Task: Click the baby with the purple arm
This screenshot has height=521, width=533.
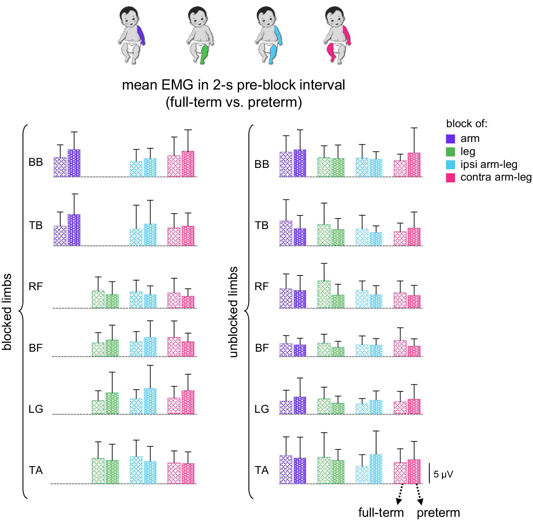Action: click(x=131, y=35)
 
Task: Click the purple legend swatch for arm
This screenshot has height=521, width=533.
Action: click(x=450, y=139)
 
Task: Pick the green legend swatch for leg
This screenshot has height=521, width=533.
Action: click(x=450, y=152)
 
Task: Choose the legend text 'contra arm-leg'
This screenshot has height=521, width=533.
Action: click(x=496, y=177)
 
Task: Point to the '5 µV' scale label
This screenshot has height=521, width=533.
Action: click(x=443, y=475)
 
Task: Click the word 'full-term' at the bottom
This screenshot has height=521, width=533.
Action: click(x=381, y=513)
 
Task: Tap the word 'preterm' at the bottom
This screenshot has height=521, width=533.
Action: click(x=438, y=513)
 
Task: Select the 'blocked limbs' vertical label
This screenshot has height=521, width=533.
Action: click(x=7, y=312)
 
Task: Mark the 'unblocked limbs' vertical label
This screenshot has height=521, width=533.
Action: click(x=233, y=312)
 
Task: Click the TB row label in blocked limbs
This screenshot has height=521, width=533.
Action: click(x=35, y=225)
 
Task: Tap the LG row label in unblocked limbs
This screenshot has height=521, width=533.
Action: click(x=261, y=409)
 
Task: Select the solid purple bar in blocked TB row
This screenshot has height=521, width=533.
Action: click(x=74, y=230)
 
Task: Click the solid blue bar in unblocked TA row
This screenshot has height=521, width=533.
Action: click(x=376, y=469)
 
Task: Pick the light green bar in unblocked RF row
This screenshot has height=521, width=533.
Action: click(x=324, y=294)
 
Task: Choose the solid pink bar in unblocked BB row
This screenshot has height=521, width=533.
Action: click(x=414, y=165)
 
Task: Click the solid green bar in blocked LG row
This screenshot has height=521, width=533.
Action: click(x=112, y=403)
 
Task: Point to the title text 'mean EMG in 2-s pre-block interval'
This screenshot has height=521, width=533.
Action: click(x=233, y=85)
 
